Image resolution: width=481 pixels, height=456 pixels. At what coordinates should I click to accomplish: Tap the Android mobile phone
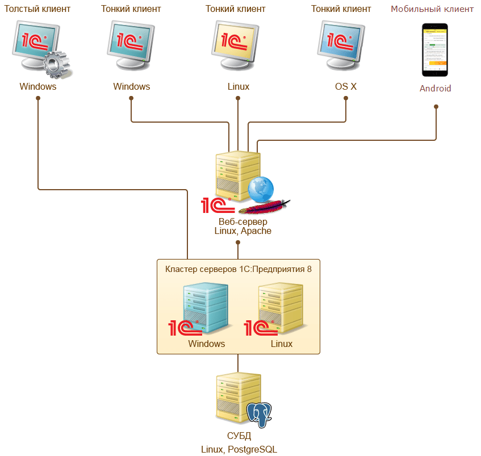(434, 49)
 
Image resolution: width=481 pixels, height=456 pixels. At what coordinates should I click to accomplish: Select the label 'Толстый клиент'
(37, 9)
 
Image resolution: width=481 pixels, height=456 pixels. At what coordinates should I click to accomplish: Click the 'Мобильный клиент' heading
(432, 9)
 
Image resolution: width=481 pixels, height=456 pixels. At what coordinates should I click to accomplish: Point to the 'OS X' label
(346, 87)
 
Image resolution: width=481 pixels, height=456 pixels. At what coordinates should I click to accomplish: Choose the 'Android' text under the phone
(435, 89)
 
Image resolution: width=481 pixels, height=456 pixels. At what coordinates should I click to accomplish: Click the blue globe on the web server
(260, 189)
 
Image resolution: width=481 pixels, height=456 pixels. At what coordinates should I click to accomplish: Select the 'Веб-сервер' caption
(242, 221)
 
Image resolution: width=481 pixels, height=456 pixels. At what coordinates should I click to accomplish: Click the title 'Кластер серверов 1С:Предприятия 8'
(238, 269)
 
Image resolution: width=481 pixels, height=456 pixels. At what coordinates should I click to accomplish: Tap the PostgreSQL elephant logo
(260, 415)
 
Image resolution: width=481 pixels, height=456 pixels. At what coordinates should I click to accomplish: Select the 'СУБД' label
(239, 437)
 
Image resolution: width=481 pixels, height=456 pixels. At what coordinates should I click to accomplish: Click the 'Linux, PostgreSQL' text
(239, 449)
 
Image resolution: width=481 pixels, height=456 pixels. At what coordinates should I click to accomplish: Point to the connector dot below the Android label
(436, 106)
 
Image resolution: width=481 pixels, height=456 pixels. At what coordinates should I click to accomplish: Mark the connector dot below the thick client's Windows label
(38, 98)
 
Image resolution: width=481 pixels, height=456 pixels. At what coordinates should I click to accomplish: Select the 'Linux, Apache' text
(242, 232)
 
